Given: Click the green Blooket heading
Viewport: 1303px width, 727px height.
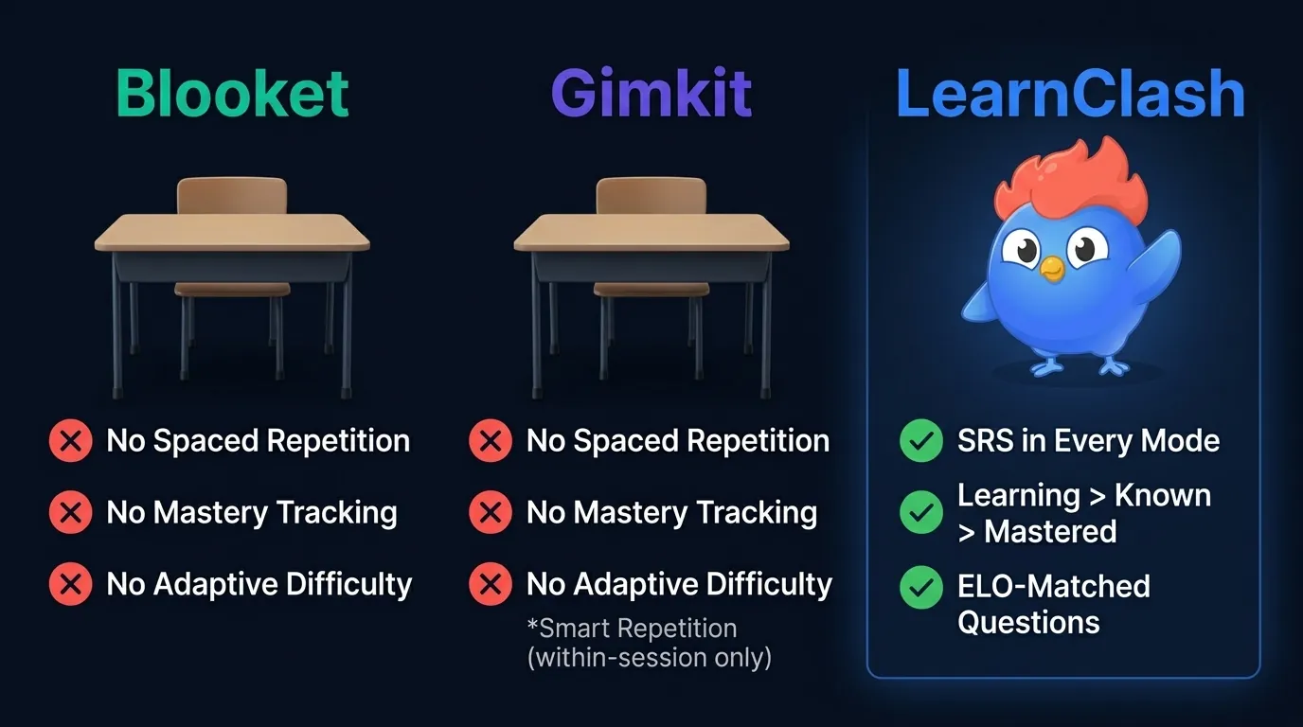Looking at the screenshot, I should (232, 94).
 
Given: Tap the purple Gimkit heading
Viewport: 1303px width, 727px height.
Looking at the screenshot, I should (651, 94).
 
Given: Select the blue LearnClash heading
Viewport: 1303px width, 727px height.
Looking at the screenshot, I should (1070, 94).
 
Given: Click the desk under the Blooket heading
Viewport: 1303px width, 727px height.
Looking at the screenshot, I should (232, 237).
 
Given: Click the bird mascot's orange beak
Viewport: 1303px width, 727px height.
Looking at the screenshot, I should (1051, 269).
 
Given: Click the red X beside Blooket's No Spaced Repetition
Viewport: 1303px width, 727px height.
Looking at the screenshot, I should (70, 441).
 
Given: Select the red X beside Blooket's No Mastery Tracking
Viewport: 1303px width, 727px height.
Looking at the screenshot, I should (70, 513).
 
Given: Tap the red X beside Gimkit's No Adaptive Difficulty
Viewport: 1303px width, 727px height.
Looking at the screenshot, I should (490, 585).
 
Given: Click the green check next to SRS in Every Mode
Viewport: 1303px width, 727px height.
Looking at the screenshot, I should (920, 441).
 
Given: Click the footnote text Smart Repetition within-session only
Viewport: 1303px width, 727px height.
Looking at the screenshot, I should (649, 643).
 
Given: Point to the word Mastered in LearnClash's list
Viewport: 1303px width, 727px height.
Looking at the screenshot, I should (1050, 532).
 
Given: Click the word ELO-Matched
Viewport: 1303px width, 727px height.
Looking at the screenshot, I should (1053, 587).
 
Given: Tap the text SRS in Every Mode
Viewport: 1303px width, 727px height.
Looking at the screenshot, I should (1088, 441).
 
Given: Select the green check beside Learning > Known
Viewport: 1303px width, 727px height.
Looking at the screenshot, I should (920, 513).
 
